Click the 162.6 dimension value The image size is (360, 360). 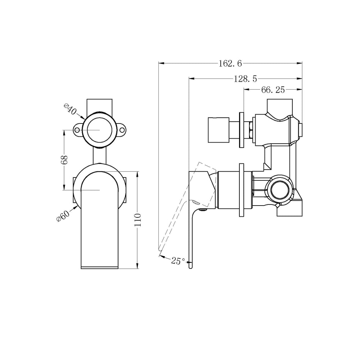pyautogui.click(x=230, y=64)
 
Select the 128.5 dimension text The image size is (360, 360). pyautogui.click(x=246, y=79)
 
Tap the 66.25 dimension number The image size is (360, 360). pyautogui.click(x=273, y=90)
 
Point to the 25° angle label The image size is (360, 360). pyautogui.click(x=178, y=261)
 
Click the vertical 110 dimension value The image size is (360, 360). pyautogui.click(x=138, y=220)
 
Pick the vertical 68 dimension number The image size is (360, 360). pyautogui.click(x=64, y=159)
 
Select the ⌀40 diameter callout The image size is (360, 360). pyautogui.click(x=70, y=109)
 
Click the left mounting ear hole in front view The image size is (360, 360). pyautogui.click(x=77, y=130)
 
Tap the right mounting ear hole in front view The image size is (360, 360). pyautogui.click(x=122, y=130)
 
